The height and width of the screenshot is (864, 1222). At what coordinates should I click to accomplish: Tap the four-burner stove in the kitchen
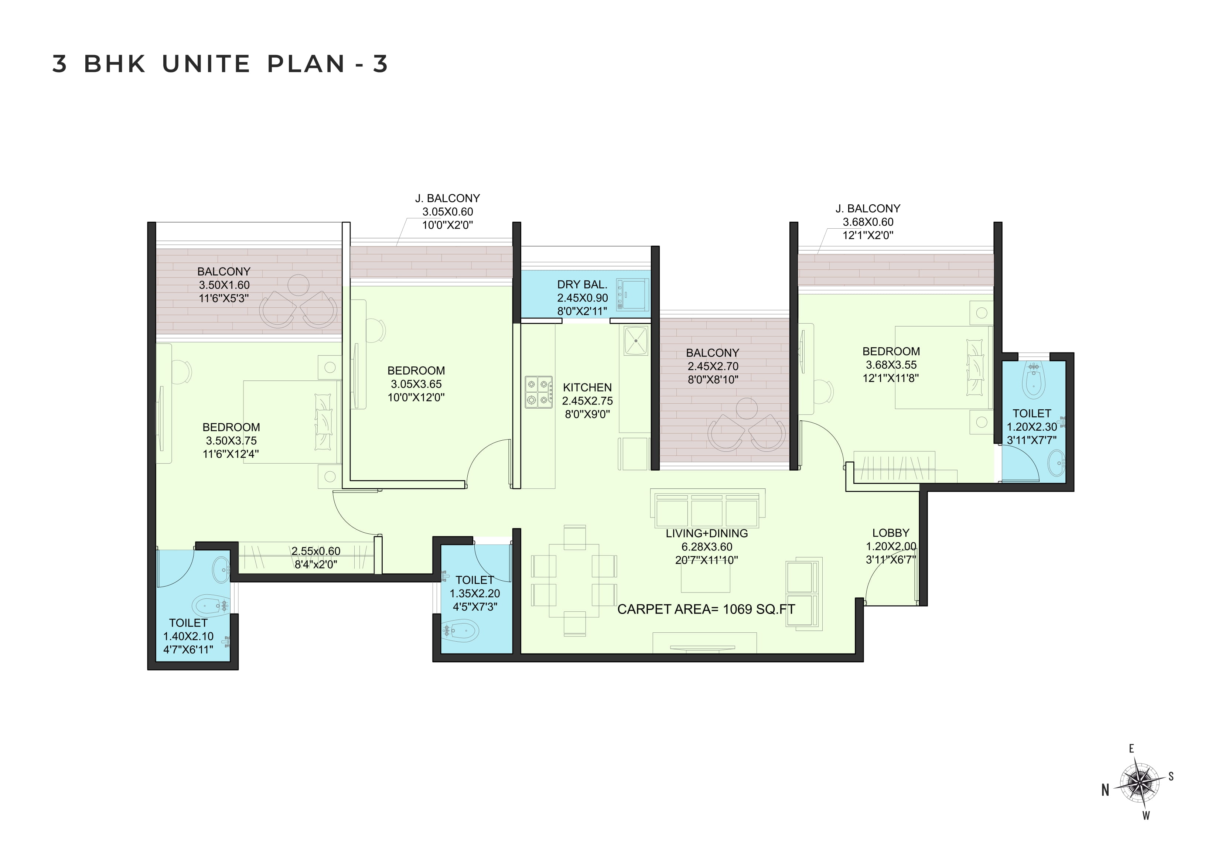[x=539, y=392]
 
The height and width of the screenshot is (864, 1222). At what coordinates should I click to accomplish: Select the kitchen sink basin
[x=635, y=341]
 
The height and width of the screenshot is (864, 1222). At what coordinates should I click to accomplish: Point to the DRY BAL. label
[x=582, y=285]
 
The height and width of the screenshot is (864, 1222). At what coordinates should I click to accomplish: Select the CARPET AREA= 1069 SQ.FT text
[x=706, y=609]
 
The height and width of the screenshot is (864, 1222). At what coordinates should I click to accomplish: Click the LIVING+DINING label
[x=707, y=533]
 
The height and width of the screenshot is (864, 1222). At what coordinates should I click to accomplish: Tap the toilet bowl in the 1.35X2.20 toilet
[x=460, y=631]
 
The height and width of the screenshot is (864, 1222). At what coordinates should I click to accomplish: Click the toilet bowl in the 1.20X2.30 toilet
[x=1034, y=381]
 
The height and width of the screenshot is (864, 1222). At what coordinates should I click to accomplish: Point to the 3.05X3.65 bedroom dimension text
[x=416, y=384]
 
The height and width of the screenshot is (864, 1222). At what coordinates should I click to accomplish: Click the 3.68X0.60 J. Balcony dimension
[x=868, y=222]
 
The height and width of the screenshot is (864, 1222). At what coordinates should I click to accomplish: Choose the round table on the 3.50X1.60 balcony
[x=298, y=285]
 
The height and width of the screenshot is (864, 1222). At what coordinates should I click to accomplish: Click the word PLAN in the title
[x=306, y=64]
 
